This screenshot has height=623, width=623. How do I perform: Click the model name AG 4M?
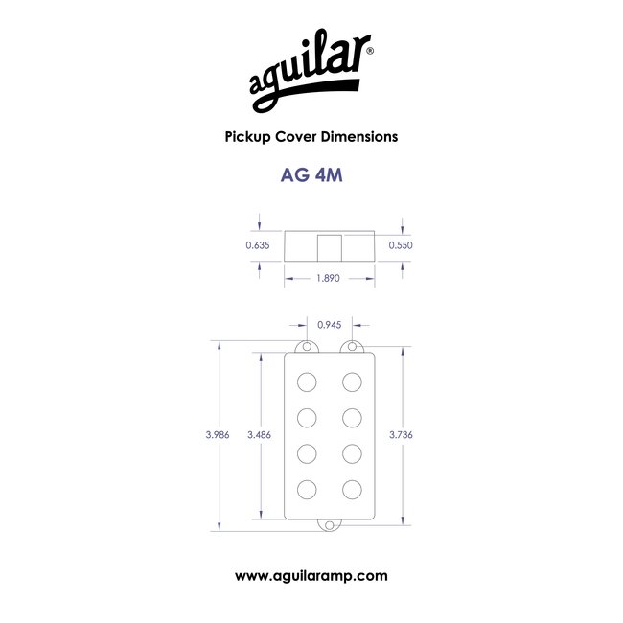[x=311, y=175]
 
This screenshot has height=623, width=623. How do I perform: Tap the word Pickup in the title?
[x=248, y=137]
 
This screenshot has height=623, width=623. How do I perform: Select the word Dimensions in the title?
[x=359, y=137]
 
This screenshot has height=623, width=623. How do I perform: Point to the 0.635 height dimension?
[x=258, y=245]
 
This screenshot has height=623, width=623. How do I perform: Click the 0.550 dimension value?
[x=401, y=245]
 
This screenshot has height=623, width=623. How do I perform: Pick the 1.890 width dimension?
[x=328, y=278]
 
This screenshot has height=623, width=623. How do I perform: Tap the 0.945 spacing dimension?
[x=330, y=325]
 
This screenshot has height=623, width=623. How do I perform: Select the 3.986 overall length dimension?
[x=218, y=435]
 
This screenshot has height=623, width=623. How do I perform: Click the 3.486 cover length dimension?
[x=259, y=435]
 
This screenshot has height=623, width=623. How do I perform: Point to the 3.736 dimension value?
[x=401, y=435]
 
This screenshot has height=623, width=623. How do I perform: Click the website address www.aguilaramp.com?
[x=311, y=576]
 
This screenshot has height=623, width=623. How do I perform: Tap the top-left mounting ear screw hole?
[x=307, y=347]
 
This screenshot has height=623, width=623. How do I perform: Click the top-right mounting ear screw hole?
[x=352, y=347]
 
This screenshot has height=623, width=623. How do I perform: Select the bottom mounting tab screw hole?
[x=330, y=525]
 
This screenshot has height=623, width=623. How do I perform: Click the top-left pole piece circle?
[x=307, y=382]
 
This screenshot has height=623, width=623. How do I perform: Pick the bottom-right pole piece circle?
[x=352, y=490]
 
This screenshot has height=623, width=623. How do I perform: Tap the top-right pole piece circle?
[x=352, y=382]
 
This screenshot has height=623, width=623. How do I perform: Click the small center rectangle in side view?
[x=330, y=248]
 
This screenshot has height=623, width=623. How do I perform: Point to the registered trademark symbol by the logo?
[x=370, y=51]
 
